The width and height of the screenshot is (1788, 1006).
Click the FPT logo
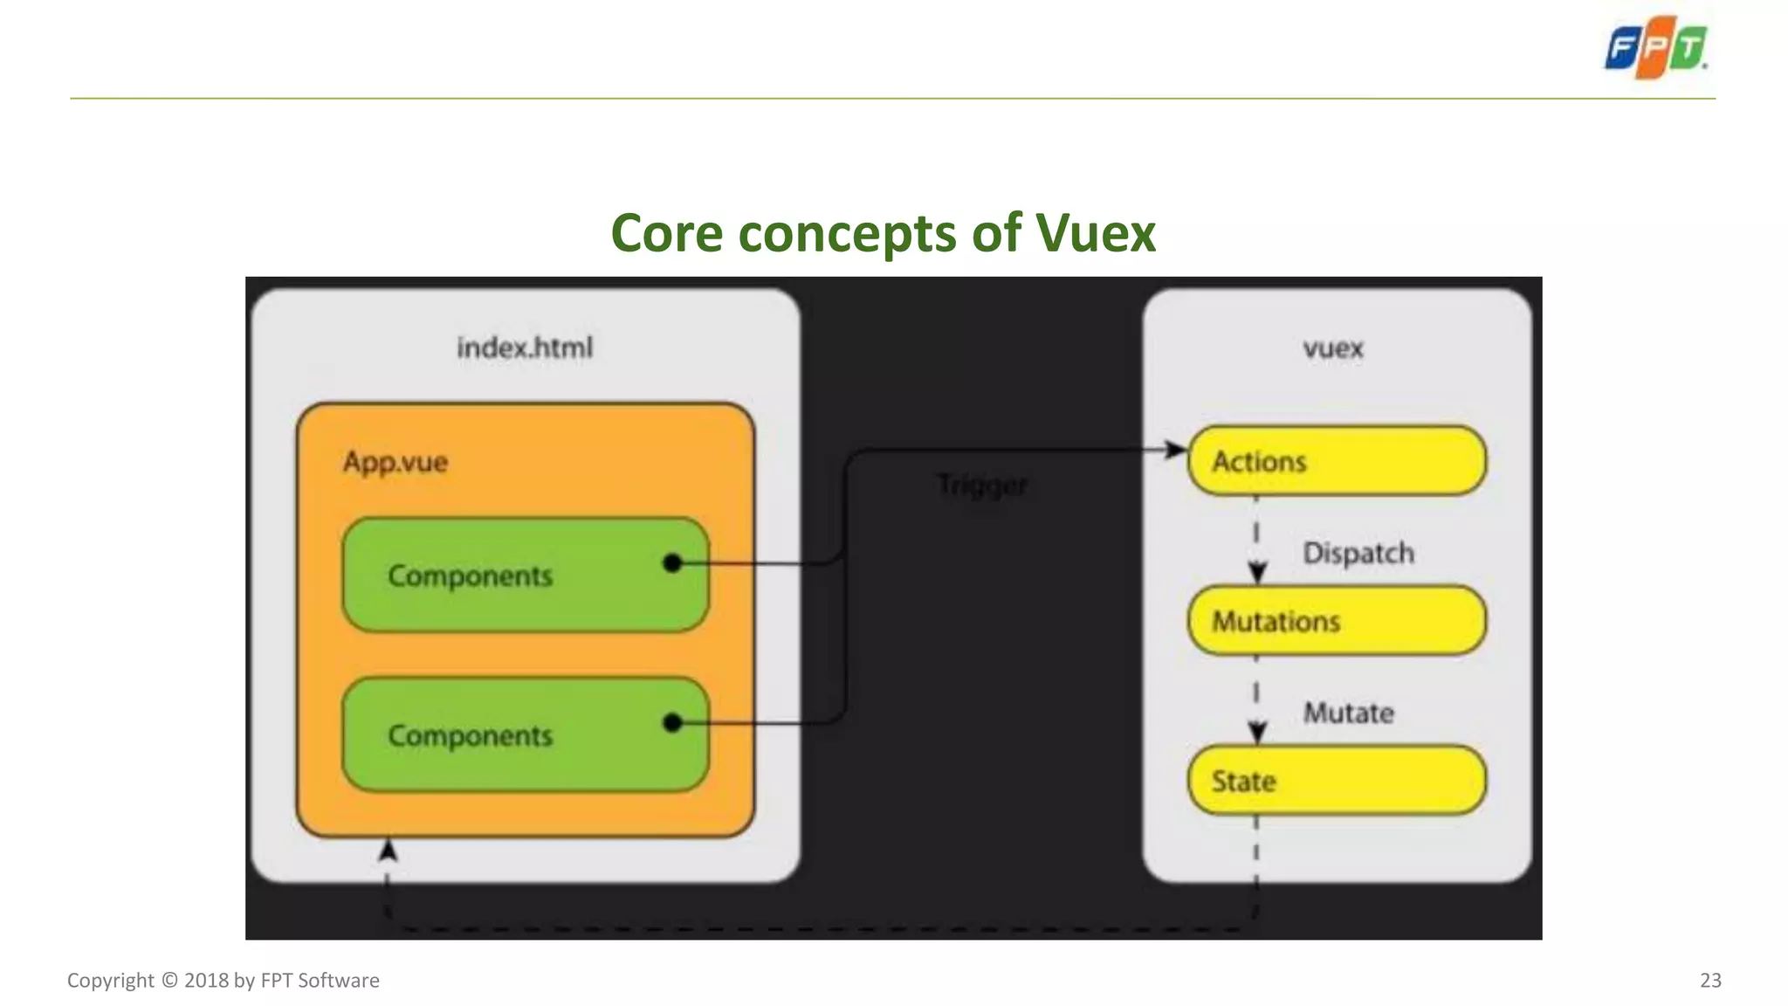coord(1656,48)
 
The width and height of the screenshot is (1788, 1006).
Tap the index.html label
coord(525,348)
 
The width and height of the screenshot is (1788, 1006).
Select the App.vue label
coord(395,462)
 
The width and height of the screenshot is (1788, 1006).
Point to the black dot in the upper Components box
coord(672,563)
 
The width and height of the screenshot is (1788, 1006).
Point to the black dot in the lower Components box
coord(672,722)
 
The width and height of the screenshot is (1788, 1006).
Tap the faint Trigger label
coord(982,485)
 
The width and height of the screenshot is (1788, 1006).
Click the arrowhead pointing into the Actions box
coord(1176,450)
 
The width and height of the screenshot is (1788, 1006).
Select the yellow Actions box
coord(1336,461)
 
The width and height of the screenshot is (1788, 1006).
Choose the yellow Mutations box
coord(1336,621)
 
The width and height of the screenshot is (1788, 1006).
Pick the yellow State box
coord(1336,781)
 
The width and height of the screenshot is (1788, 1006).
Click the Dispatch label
coord(1358,553)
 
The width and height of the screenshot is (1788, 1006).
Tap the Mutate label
coord(1349,713)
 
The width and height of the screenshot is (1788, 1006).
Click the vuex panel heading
coord(1333,348)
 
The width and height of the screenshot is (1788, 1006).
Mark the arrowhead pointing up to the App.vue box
coord(388,850)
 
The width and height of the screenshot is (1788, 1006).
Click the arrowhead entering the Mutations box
coord(1257,573)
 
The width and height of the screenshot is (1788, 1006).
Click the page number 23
coord(1710,980)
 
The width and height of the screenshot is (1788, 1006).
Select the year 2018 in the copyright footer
coord(206,980)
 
